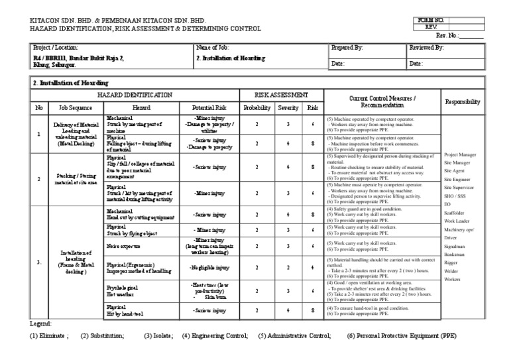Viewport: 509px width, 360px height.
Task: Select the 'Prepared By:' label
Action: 347,48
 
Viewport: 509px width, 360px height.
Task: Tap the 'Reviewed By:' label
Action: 426,48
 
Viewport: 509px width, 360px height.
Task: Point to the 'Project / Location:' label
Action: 56,48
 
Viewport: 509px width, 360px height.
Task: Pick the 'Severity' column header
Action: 288,107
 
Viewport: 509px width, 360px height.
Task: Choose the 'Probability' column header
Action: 256,107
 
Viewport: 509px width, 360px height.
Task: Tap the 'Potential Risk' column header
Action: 209,107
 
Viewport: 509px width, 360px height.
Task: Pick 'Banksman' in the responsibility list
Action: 455,255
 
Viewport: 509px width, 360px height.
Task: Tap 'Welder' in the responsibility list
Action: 452,271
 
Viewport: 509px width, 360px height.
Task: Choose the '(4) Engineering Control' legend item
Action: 215,336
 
